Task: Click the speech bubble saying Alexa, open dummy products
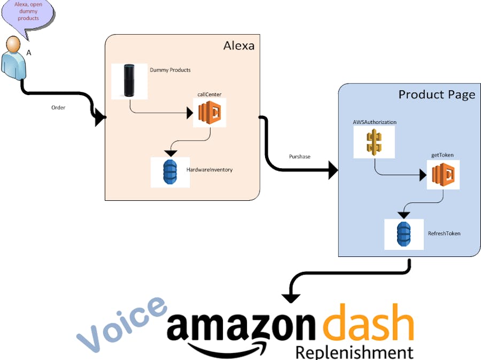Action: coord(27,13)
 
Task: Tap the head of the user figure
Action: coord(13,44)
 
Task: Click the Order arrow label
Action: coord(58,108)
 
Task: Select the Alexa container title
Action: coord(238,46)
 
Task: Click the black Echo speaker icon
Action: coord(129,81)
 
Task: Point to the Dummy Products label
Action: coord(170,70)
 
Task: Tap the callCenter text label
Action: coord(210,95)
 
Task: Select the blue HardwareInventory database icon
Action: coord(170,172)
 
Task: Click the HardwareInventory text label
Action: coord(210,170)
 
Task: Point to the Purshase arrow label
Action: coord(300,157)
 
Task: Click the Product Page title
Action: coord(437,95)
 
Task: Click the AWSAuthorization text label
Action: coord(375,122)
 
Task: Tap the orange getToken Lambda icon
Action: coord(443,174)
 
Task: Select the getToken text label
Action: coord(443,155)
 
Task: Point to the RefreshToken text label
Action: coord(444,233)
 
